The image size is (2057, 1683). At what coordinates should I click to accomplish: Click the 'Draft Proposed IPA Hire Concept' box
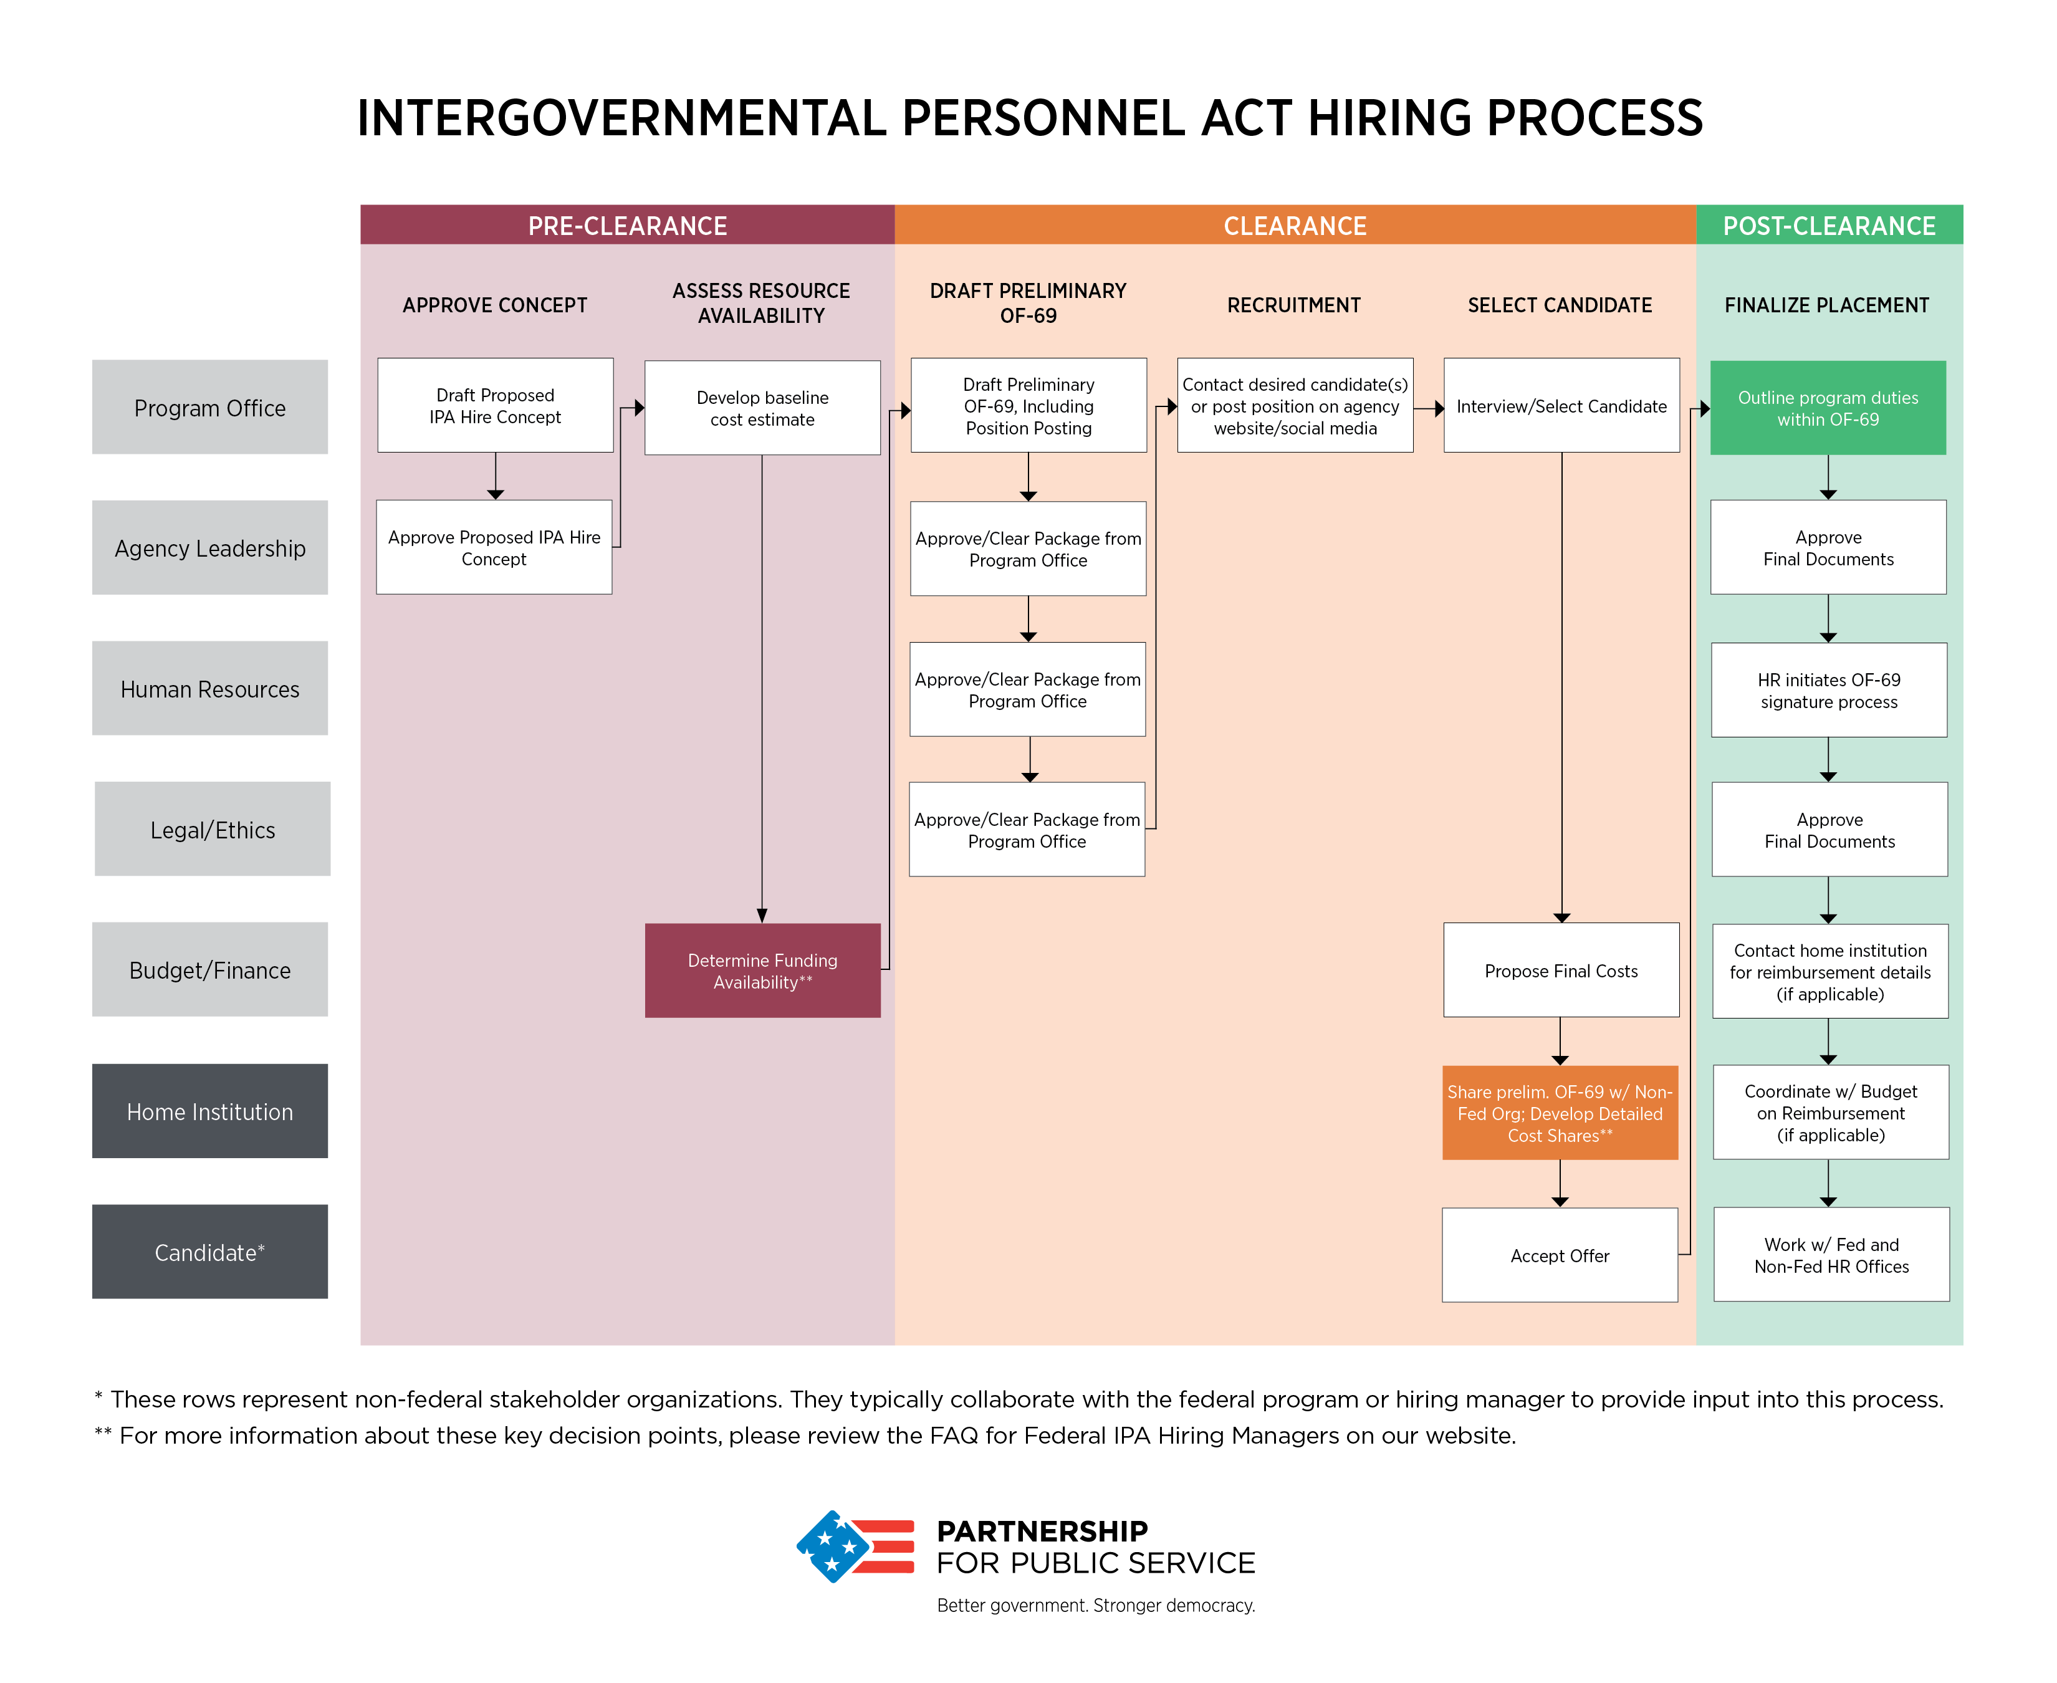tap(496, 405)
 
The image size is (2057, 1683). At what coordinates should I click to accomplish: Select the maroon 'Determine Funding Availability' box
tap(763, 971)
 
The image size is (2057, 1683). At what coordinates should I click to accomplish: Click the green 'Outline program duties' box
tap(1828, 408)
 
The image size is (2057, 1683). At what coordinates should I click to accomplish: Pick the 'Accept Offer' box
tap(1560, 1255)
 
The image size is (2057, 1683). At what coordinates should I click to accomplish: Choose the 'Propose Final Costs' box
tap(1561, 971)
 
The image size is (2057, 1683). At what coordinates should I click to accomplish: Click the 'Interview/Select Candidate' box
tap(1561, 405)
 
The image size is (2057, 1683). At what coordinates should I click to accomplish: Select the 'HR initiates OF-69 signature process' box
tap(1829, 690)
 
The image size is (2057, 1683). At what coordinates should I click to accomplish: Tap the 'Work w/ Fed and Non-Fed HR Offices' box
tap(1831, 1255)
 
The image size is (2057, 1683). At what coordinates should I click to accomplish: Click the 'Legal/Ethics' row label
tap(213, 829)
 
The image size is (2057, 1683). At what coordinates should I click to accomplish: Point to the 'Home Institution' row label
tap(210, 1111)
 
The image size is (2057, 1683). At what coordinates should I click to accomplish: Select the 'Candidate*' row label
tap(210, 1252)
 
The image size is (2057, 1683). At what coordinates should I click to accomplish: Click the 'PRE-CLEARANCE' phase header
tap(627, 225)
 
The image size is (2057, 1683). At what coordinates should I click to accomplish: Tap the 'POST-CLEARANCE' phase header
tap(1829, 225)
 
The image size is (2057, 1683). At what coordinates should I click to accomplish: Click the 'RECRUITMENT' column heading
tap(1294, 305)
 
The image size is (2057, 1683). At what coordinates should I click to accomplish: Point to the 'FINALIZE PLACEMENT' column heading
tap(1827, 305)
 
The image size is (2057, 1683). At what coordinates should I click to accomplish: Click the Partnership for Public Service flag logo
tap(855, 1546)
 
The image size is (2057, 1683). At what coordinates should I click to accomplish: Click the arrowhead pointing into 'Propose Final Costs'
tap(1561, 917)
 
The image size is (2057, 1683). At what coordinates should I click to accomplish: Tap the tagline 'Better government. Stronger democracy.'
tap(1095, 1606)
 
